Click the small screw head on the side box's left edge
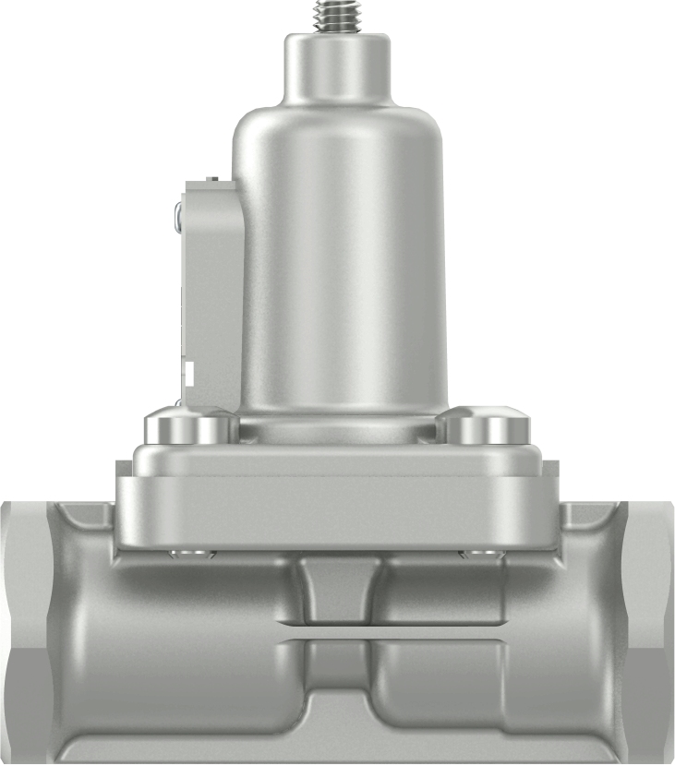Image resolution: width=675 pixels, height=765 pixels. [x=176, y=217]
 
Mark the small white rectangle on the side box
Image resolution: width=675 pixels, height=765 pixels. [x=188, y=375]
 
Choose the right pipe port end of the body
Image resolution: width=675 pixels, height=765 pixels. [x=655, y=628]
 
